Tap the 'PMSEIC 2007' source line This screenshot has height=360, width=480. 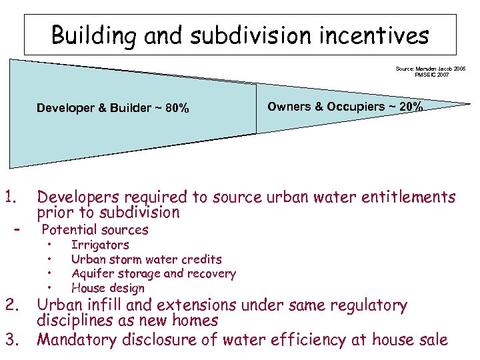[432, 75]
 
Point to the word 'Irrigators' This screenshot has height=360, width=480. [100, 245]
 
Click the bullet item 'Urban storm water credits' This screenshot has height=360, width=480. [146, 259]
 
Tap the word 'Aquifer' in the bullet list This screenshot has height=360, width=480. [92, 273]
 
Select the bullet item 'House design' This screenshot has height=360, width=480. [107, 288]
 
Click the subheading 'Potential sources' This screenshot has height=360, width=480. [95, 230]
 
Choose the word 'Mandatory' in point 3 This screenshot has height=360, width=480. [77, 339]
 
